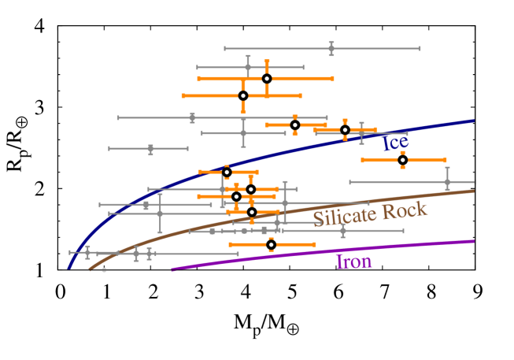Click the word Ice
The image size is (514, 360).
click(x=395, y=143)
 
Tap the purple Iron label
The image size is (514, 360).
click(x=354, y=261)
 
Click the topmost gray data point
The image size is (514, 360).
click(x=331, y=48)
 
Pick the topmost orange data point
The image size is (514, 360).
click(x=267, y=79)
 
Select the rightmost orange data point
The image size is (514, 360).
click(x=402, y=160)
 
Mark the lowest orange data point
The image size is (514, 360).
click(x=271, y=244)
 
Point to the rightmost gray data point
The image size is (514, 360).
click(x=447, y=182)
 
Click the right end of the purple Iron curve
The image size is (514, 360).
click(x=474, y=241)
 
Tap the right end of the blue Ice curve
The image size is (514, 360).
click(x=474, y=121)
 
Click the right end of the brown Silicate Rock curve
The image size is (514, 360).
click(x=474, y=190)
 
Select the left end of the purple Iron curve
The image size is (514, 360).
click(x=172, y=269)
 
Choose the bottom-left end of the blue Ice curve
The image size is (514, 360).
click(x=69, y=269)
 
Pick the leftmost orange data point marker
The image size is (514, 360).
click(x=227, y=172)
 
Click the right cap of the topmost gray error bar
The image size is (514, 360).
click(x=420, y=48)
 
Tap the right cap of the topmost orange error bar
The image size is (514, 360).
click(x=333, y=79)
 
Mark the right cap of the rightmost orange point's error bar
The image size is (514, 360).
click(x=446, y=160)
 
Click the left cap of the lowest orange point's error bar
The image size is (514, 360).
click(x=230, y=244)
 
